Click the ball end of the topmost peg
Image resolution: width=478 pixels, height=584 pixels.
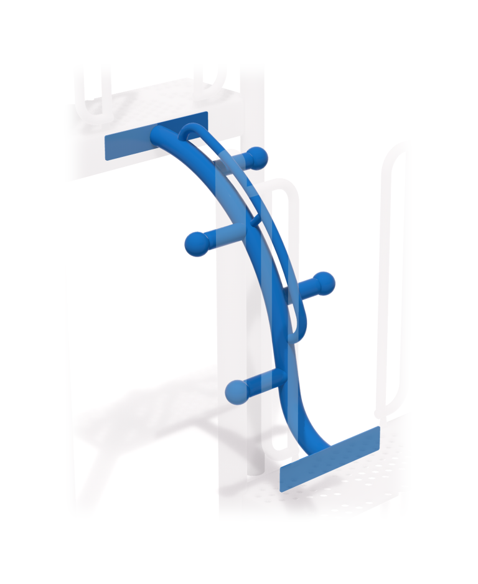point(257,156)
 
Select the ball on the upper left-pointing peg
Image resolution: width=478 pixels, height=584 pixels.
point(197,243)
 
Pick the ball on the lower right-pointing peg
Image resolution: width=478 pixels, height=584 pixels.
point(324,284)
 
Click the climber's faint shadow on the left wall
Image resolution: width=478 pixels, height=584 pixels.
point(137,405)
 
